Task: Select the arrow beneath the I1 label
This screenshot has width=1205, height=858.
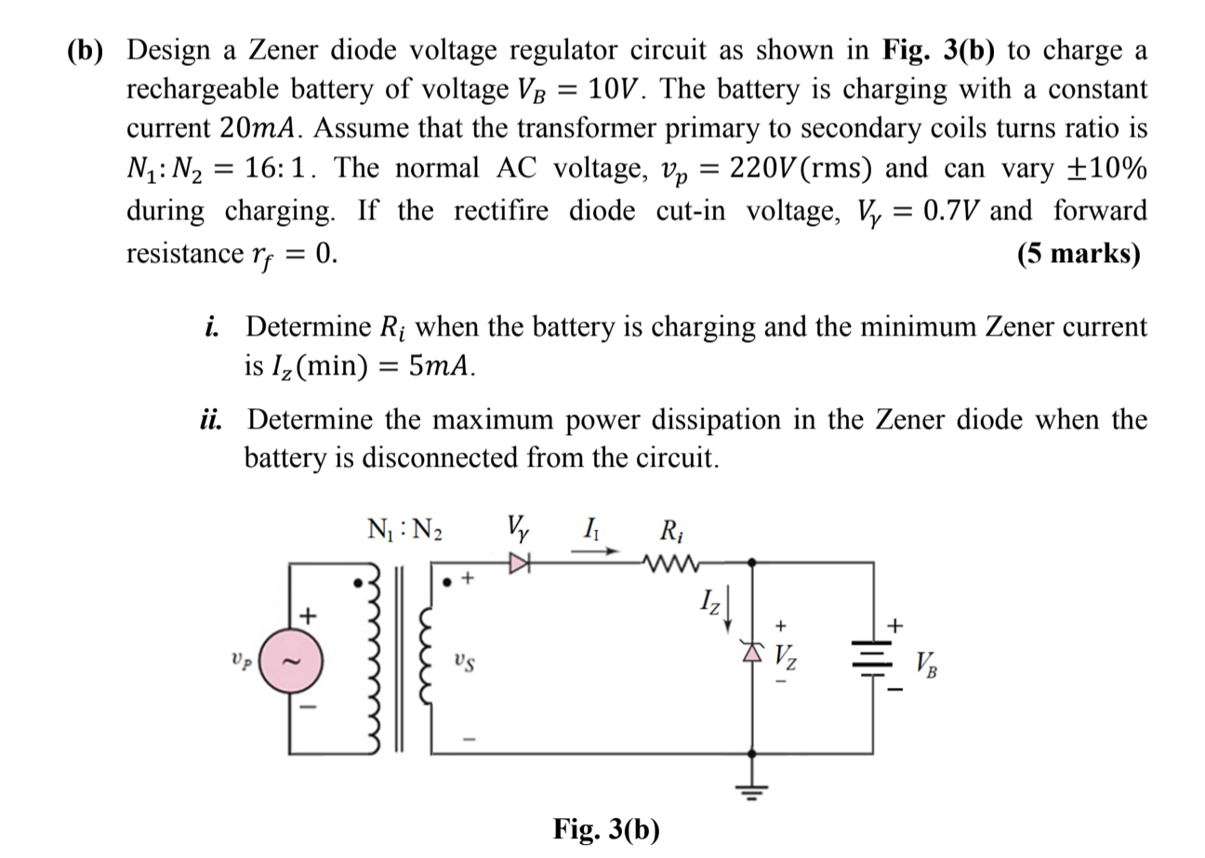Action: [x=594, y=551]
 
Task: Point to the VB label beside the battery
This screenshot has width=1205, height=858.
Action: [x=926, y=664]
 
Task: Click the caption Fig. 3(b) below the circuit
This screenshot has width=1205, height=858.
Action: [x=605, y=828]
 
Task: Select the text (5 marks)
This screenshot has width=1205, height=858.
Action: [x=1079, y=254]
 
